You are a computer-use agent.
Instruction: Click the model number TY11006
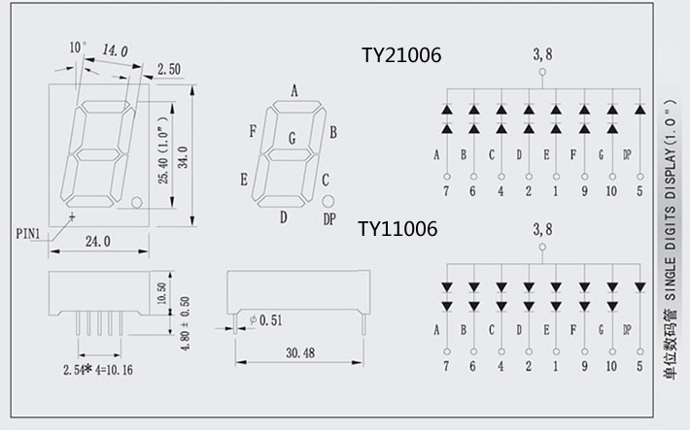(x=397, y=229)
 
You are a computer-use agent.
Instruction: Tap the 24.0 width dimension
(x=98, y=241)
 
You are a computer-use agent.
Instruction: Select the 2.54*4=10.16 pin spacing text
(x=98, y=370)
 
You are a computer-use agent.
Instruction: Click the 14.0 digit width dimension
(x=115, y=50)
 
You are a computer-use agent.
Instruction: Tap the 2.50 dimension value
(x=168, y=69)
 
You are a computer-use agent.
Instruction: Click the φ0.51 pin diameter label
(x=265, y=320)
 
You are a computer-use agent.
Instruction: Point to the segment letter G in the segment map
(x=292, y=139)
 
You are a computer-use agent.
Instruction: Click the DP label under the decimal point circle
(x=329, y=219)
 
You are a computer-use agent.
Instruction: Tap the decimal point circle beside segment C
(x=328, y=200)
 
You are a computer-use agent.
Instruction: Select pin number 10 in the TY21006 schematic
(x=610, y=192)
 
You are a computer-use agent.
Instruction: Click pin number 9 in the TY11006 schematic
(x=583, y=366)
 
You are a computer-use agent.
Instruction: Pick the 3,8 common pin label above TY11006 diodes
(x=542, y=230)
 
